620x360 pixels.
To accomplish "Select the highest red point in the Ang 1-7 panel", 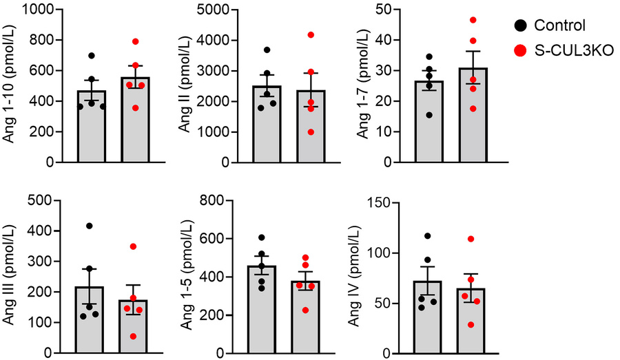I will coord(492,20).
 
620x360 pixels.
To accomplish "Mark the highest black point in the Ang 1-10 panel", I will coord(91,56).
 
